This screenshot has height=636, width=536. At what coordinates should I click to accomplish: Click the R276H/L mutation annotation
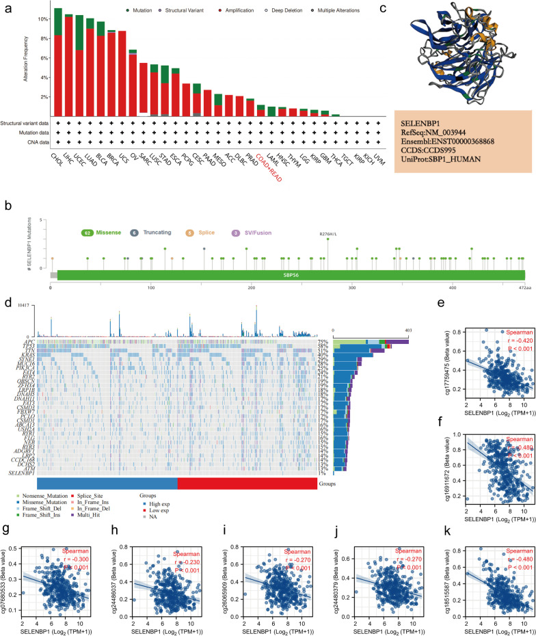pos(328,234)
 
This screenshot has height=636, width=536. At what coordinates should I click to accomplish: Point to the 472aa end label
pos(524,288)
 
